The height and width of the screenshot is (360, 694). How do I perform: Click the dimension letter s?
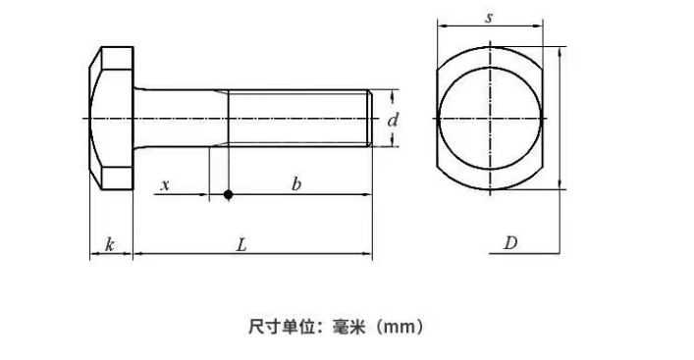489,18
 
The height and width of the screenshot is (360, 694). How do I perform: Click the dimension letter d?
393,120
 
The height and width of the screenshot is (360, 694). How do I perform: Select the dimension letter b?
296,183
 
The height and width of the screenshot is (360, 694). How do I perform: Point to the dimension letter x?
165,184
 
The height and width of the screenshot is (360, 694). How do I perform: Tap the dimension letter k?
109,244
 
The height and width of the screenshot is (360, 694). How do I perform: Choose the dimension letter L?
241,244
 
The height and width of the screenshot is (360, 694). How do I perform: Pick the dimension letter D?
510,243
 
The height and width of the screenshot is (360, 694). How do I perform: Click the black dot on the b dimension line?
228,194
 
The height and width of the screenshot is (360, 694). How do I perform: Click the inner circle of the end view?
490,68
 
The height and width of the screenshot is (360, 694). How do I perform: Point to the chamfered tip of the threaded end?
369,118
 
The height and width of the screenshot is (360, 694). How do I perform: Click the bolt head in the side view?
112,118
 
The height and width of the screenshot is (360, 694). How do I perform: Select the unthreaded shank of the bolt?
181,118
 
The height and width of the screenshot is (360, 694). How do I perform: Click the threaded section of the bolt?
297,118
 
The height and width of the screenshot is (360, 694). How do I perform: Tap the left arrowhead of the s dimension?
442,26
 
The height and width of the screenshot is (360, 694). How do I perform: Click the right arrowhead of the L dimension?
368,254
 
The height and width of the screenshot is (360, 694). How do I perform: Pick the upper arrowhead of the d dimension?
392,94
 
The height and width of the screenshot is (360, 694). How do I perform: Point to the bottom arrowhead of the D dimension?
560,184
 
